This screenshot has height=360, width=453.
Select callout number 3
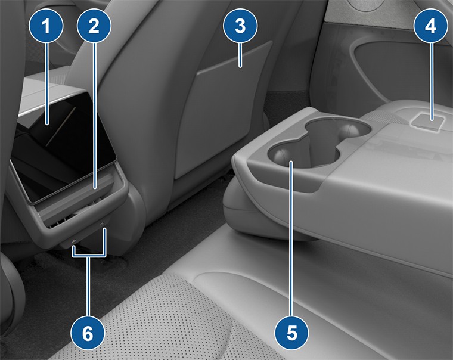[x=240, y=26]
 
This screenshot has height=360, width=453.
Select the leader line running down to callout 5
[x=292, y=238]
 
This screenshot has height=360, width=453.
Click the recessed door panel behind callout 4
[x=381, y=66]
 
